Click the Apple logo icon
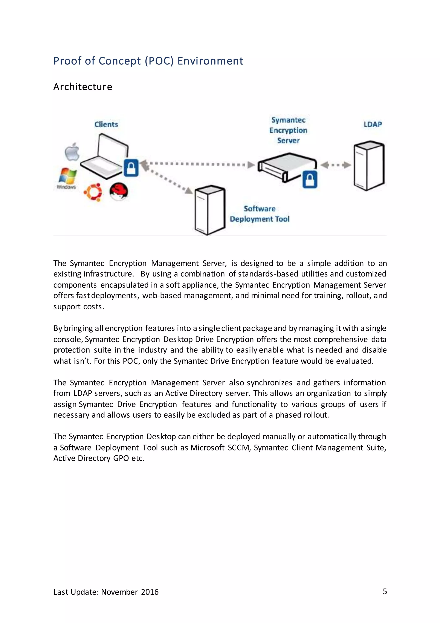tap(72, 152)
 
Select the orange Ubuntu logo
tap(93, 192)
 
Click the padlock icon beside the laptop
tap(131, 168)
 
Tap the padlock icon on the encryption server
tap(310, 179)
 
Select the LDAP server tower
tap(369, 165)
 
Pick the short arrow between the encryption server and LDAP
tap(336, 165)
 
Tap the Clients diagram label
tap(106, 125)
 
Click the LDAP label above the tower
tap(373, 125)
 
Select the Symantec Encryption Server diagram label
tap(288, 130)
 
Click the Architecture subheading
tap(83, 87)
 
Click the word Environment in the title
tap(210, 61)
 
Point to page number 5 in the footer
tap(385, 591)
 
